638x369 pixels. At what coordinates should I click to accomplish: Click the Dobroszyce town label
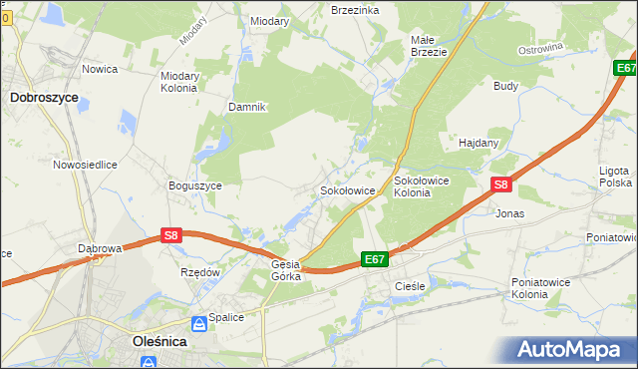point(44,98)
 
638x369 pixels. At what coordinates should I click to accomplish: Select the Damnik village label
point(246,107)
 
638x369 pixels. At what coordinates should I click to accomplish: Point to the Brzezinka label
point(354,9)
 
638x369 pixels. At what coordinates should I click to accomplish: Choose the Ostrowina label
point(540,48)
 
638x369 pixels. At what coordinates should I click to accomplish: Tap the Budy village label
point(505,86)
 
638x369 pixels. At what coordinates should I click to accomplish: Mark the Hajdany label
point(478,143)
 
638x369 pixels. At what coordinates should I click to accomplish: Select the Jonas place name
point(509,213)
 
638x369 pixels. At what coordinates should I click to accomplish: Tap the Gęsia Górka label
point(286,270)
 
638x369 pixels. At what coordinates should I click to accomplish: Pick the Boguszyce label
point(194,185)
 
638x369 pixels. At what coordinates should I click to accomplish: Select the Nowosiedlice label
point(86,164)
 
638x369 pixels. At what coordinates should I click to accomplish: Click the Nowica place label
point(101,69)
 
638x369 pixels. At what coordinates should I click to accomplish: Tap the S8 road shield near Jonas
point(501,185)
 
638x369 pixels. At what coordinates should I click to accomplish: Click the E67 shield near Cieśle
point(374,259)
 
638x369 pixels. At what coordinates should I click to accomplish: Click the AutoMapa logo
point(571,350)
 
